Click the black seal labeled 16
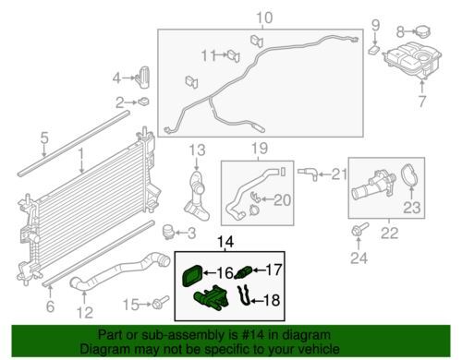click(192, 273)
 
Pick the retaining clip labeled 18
click(245, 295)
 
